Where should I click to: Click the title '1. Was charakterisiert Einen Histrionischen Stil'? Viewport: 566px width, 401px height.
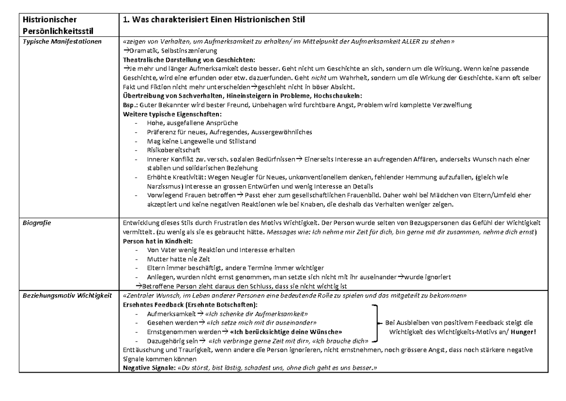(x=215, y=20)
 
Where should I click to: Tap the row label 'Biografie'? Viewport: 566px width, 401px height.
(x=34, y=222)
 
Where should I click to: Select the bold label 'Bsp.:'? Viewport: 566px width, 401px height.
(x=130, y=105)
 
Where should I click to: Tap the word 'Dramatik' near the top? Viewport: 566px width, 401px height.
(x=141, y=51)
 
